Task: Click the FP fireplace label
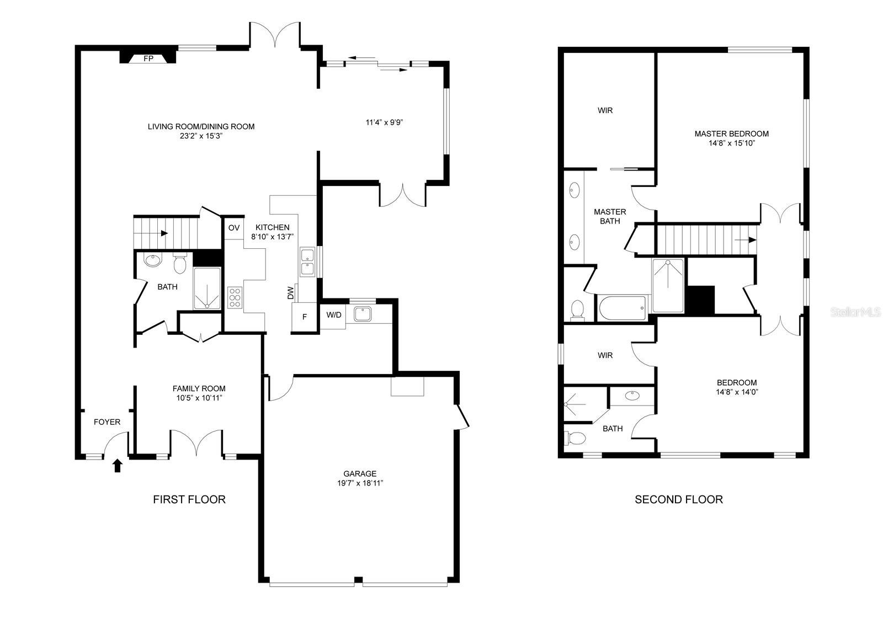[x=148, y=58]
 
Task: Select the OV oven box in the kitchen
[x=233, y=227]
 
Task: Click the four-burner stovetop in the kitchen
[x=235, y=297]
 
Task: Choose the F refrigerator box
[x=304, y=317]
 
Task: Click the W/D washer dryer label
[x=334, y=315]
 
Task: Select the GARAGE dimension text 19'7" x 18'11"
[x=359, y=483]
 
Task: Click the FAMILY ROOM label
[x=199, y=388]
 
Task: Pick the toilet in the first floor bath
[x=179, y=264]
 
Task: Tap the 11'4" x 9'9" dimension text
[x=384, y=122]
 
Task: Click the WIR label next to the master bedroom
[x=605, y=110]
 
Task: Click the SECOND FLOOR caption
[x=678, y=499]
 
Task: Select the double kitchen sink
[x=307, y=262]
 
